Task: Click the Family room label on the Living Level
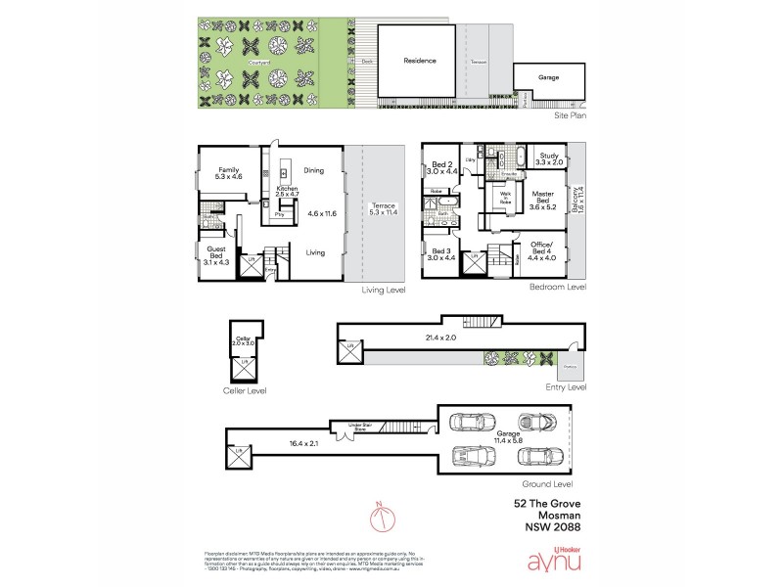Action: click(229, 172)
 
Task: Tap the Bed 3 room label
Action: click(442, 254)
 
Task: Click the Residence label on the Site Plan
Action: click(419, 62)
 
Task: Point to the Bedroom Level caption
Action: click(557, 288)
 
